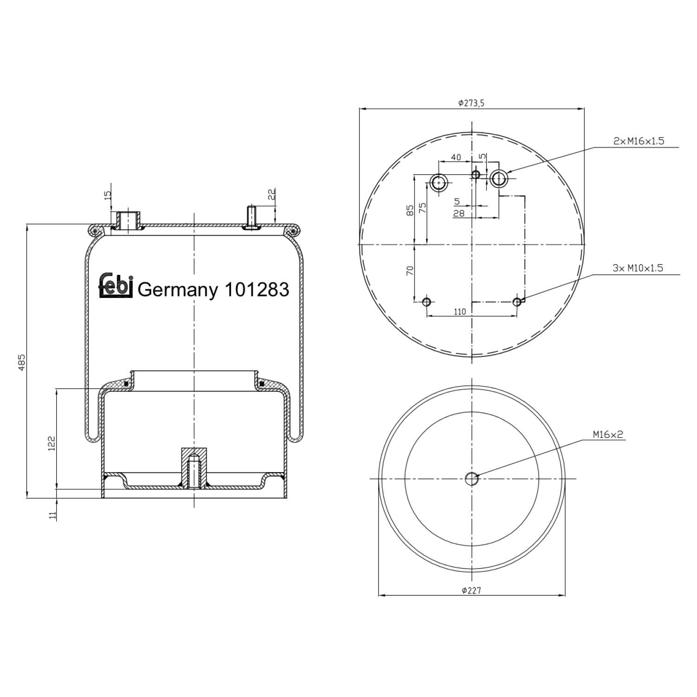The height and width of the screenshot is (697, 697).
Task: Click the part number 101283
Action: pos(256,289)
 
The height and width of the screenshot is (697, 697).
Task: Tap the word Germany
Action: pos(178,290)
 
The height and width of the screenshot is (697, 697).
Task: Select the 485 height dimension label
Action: pos(21,362)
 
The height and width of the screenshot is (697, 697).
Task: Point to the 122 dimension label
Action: pos(52,443)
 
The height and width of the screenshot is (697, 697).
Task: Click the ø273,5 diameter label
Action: pos(471,103)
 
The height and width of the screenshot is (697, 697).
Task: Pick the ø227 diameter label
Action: pos(471,591)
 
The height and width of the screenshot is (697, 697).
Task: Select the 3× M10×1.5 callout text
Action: pos(638,268)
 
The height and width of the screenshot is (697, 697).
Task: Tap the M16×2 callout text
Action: pos(607,434)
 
